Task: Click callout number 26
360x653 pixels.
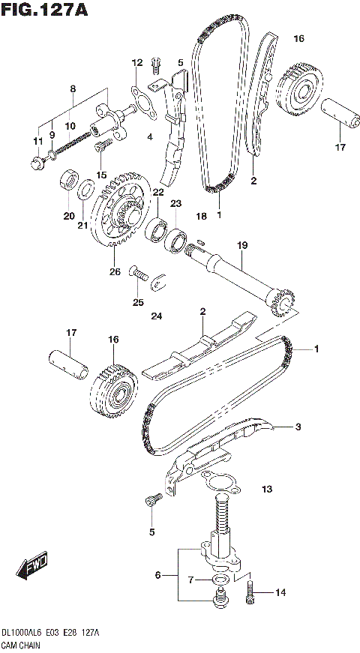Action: pos(115,271)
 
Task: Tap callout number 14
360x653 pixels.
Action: pos(280,592)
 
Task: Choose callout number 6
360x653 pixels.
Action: pos(157,575)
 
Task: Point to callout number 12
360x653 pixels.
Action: pos(137,62)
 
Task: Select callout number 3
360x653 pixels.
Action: pos(298,427)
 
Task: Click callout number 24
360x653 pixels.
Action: pos(156,316)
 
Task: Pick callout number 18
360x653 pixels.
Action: pos(200,216)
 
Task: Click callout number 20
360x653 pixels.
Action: pos(69,216)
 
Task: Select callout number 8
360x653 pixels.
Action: pos(72,89)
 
